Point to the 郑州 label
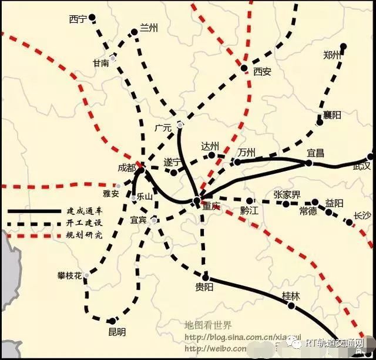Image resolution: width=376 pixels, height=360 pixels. click(x=332, y=56)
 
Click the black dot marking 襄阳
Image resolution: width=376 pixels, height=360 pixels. click(x=320, y=116)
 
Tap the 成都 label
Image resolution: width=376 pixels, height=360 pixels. click(x=126, y=168)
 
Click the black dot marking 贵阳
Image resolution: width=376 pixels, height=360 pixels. click(x=206, y=277)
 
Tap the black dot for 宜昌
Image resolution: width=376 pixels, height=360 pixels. click(x=310, y=162)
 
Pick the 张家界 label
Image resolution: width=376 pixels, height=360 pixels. click(x=287, y=194)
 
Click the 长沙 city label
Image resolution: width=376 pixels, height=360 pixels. click(x=363, y=216)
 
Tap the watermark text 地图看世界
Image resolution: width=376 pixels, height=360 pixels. click(x=208, y=325)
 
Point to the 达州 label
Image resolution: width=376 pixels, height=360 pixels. click(x=210, y=146)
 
